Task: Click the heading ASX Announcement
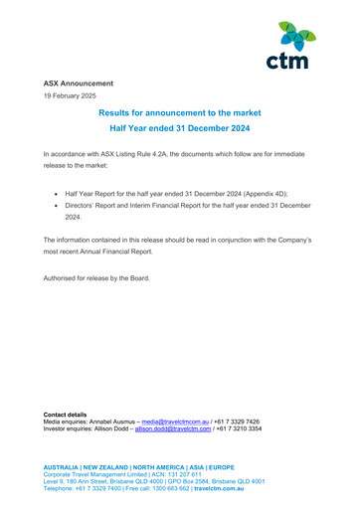(78, 84)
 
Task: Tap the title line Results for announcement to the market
(179, 116)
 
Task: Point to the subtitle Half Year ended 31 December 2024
(179, 133)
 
